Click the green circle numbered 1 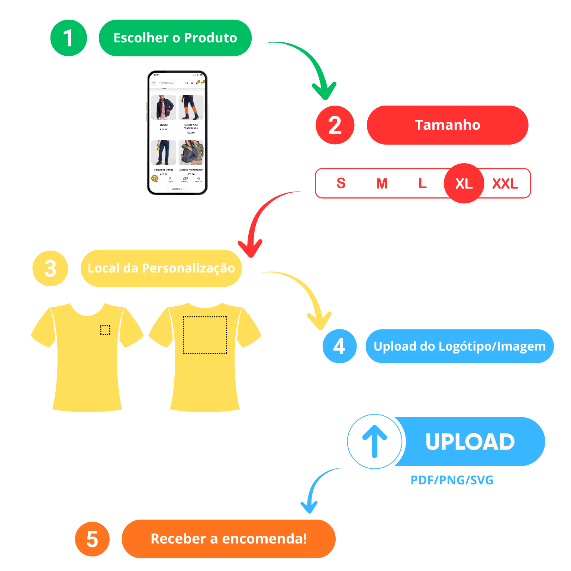coord(69,38)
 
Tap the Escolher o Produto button coord(175,38)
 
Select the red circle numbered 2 coord(335,125)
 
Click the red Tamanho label coord(447,125)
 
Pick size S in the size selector coord(341,183)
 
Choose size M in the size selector coord(382,183)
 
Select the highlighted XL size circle coord(464,183)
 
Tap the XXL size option coord(505,183)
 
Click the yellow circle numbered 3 coord(50,268)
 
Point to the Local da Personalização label coord(161,268)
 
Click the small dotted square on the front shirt coord(105,330)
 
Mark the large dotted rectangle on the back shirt coord(205,335)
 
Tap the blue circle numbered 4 coord(339,346)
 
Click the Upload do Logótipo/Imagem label coord(459,346)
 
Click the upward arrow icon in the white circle coord(375,441)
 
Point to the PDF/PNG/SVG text coord(452,480)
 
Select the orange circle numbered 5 coord(92,539)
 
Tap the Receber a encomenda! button coord(229,539)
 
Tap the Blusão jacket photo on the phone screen coord(164,108)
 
